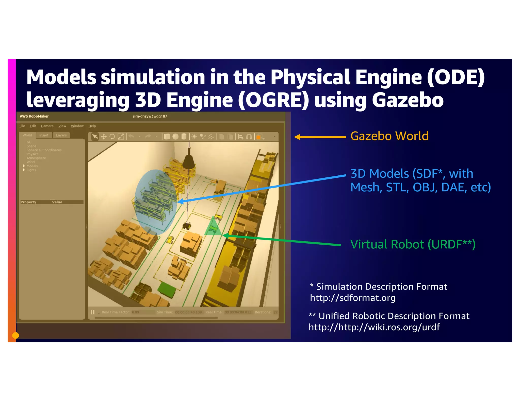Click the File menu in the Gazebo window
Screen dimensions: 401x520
22,126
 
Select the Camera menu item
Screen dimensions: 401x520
47,126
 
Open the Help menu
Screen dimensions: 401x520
92,126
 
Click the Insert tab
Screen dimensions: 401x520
44,135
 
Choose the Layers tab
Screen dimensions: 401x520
61,135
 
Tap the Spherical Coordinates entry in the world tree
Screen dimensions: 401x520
44,150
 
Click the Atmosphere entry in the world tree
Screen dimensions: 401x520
36,158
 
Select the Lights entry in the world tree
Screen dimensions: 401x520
31,170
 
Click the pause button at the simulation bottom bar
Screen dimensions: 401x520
93,312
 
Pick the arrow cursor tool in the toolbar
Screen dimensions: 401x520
95,137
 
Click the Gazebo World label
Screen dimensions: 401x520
389,136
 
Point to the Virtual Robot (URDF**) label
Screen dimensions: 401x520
413,245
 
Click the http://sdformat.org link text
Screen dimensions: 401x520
353,298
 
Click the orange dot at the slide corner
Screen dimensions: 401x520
16,335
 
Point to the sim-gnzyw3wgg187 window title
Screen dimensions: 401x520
150,116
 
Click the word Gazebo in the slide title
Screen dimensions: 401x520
408,100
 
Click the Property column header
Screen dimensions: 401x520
28,202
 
